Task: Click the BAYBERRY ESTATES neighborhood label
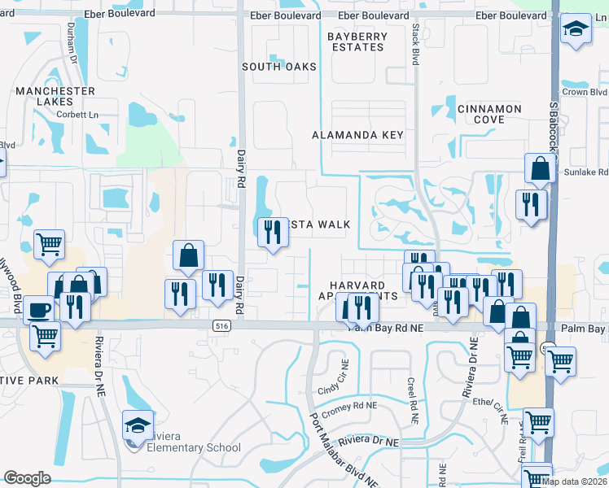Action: coord(356,42)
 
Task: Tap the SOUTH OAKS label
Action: coord(278,66)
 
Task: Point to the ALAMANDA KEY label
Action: coord(358,135)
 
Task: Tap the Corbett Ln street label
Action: coord(77,115)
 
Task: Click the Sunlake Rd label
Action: coord(592,172)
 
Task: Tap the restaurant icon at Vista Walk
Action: coord(272,233)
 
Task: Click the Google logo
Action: coord(27,478)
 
